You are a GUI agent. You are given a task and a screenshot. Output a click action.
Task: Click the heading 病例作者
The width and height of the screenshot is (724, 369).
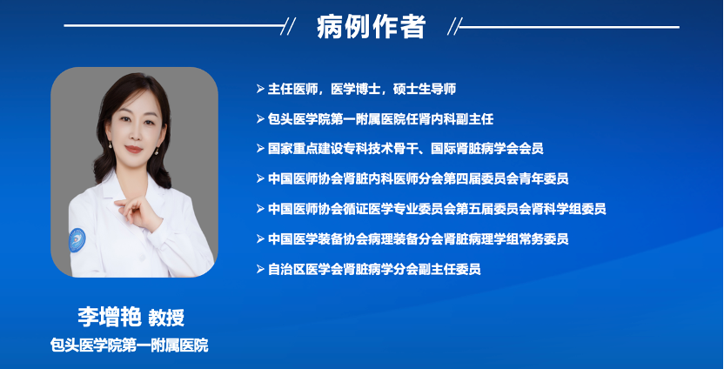click(371, 26)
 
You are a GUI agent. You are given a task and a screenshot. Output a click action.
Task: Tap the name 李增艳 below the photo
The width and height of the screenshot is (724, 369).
click(110, 317)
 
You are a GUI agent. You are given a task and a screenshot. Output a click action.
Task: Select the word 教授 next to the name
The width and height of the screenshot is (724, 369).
click(166, 318)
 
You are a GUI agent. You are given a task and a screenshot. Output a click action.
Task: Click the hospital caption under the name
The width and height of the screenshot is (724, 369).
click(130, 345)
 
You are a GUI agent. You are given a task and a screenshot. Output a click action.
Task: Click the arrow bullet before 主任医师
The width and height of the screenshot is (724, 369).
click(260, 89)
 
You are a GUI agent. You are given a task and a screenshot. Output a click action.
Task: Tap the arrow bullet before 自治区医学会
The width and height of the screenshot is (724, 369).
click(260, 269)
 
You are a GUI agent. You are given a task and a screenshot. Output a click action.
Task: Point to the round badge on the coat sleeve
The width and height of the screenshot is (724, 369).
click(77, 240)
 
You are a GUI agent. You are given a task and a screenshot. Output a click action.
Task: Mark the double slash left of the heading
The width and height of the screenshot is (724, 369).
click(288, 26)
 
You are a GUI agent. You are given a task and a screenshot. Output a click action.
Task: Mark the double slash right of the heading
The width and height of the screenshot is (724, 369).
click(455, 27)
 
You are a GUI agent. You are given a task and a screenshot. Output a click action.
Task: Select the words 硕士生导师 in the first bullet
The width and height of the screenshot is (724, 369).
click(425, 89)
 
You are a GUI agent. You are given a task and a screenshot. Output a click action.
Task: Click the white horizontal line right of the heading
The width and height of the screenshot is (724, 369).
click(569, 27)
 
